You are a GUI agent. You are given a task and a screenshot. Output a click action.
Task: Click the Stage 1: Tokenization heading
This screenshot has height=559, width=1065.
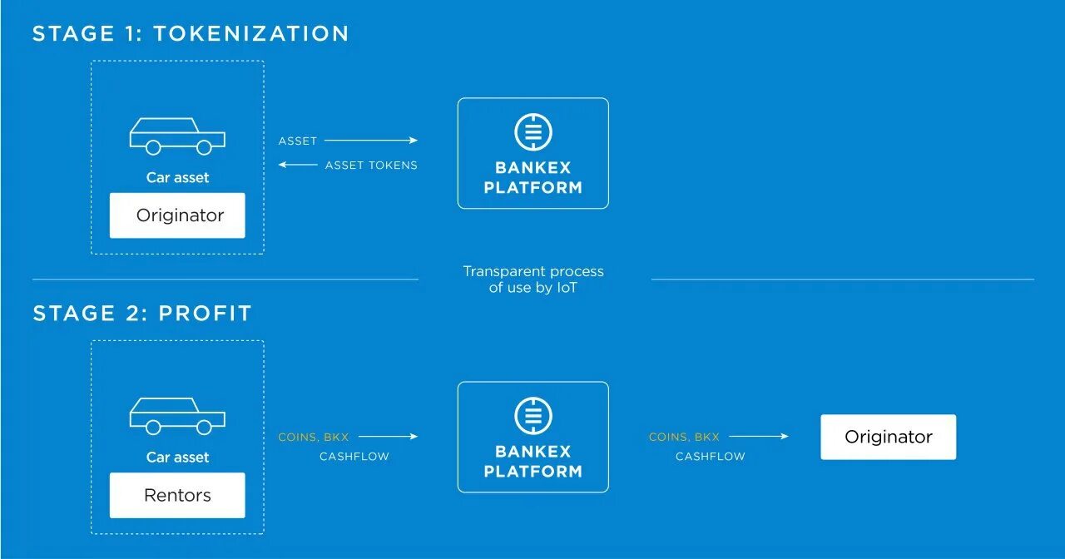tap(191, 33)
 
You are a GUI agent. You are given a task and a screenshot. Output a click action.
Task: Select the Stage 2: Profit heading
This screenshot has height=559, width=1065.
tap(142, 314)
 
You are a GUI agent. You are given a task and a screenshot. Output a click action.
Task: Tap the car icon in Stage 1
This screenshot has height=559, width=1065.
tap(177, 136)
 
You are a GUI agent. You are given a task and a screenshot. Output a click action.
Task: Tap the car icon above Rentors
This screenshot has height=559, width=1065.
tap(177, 416)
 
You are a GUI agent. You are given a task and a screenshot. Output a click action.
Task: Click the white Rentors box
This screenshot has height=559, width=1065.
tap(177, 495)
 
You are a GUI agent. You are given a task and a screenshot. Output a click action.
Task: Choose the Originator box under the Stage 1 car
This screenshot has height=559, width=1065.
tap(177, 215)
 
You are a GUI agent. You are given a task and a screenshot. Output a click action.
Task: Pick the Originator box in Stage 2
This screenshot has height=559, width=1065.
tap(888, 437)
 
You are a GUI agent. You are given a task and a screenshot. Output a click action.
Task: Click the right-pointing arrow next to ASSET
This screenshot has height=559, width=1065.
tap(370, 141)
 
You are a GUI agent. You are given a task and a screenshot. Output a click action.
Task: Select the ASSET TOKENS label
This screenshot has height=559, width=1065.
tap(371, 166)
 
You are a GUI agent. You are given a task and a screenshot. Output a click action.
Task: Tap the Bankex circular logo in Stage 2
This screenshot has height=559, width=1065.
tap(533, 417)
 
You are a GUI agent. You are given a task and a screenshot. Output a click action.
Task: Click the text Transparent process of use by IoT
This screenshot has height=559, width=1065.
tap(533, 279)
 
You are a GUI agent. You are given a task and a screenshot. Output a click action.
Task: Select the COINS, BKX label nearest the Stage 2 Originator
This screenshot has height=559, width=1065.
tap(684, 437)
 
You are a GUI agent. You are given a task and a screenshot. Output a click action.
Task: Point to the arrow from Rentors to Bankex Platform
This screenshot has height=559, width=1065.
tap(388, 436)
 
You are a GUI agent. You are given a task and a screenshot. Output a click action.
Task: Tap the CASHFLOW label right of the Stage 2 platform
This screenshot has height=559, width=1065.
tap(710, 457)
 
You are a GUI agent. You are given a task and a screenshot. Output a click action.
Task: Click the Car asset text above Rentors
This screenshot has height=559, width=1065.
tap(177, 457)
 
